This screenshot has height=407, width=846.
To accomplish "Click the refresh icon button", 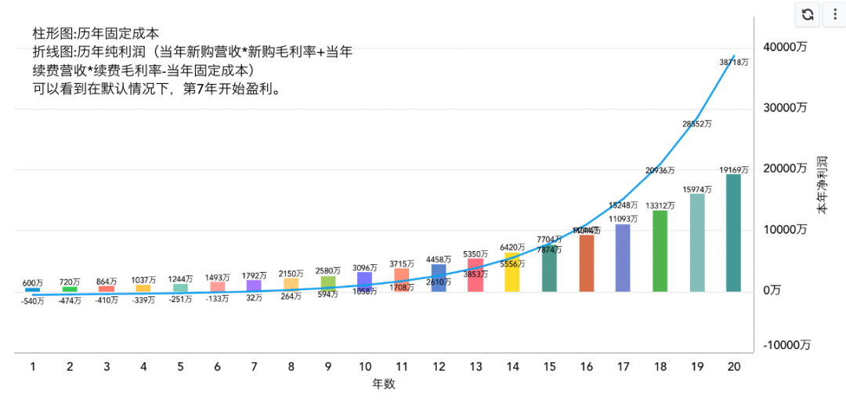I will [x=808, y=14].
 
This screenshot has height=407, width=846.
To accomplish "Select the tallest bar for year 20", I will [x=733, y=233].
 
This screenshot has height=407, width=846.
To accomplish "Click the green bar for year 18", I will [x=660, y=251].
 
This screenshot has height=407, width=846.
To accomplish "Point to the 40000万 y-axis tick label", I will [x=785, y=47].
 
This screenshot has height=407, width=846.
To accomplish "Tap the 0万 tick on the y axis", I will [x=772, y=291].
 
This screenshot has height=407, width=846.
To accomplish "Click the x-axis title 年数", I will [x=384, y=384].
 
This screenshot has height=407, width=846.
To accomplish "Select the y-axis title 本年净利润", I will [x=822, y=184].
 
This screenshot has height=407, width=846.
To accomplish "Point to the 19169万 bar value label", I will [x=734, y=169].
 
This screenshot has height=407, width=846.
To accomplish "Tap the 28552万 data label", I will [x=696, y=123].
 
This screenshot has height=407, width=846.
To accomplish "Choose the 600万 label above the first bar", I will [x=33, y=282].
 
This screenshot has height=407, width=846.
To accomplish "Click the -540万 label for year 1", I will [x=33, y=300].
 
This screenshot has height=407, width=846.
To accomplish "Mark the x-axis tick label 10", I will [x=364, y=366].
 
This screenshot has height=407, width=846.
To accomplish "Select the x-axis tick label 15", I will [x=549, y=366].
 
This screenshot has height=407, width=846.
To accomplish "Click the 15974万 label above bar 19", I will [x=696, y=189].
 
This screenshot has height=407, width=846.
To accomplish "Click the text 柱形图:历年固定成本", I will [x=96, y=34].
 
